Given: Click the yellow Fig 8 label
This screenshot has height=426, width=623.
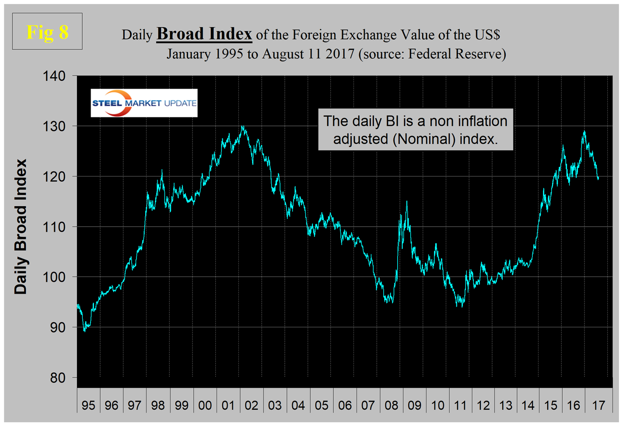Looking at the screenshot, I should [x=47, y=32].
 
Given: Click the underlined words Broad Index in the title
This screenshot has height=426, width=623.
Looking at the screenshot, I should [x=204, y=34].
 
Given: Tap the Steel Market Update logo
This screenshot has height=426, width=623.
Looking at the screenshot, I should [x=144, y=103].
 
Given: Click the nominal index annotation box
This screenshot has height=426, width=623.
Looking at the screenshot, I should [x=415, y=129].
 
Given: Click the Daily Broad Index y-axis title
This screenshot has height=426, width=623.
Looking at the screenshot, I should [x=21, y=227].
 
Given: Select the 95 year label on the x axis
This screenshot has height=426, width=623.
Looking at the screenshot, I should [x=88, y=405].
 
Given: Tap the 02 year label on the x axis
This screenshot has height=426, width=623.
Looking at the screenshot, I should [x=251, y=405].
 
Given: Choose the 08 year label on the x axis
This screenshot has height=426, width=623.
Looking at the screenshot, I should [x=391, y=405].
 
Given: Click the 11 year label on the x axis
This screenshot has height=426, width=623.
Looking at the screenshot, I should [x=460, y=405].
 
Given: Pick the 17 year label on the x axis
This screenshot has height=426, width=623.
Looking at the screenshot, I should [x=598, y=405].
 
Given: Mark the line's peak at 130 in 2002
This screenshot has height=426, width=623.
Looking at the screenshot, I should [x=243, y=127].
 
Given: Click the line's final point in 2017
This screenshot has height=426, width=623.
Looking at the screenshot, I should [x=598, y=178].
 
